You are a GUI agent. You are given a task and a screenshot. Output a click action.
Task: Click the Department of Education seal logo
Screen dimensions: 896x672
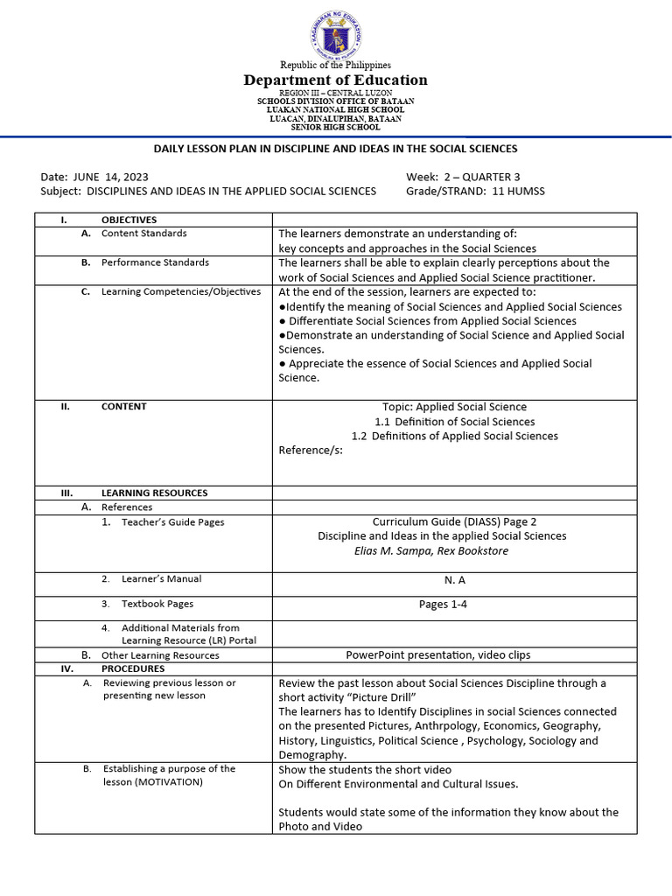click(x=335, y=35)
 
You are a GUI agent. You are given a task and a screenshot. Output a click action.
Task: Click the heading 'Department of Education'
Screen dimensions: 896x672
click(x=336, y=80)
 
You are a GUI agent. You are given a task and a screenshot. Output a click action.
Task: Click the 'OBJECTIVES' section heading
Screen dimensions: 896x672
click(x=129, y=220)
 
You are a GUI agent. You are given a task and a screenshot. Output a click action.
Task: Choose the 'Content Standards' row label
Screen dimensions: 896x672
click(x=143, y=234)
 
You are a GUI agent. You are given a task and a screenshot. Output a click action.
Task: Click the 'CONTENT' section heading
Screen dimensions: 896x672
click(x=123, y=406)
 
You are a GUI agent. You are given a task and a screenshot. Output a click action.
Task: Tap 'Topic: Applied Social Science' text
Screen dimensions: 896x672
click(x=454, y=407)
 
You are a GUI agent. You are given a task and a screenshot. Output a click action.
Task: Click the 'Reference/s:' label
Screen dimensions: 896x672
click(x=311, y=450)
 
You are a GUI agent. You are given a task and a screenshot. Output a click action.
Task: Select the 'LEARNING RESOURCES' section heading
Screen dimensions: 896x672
click(x=154, y=493)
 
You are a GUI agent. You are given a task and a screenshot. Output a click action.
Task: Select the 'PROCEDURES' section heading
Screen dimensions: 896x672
click(x=132, y=668)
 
